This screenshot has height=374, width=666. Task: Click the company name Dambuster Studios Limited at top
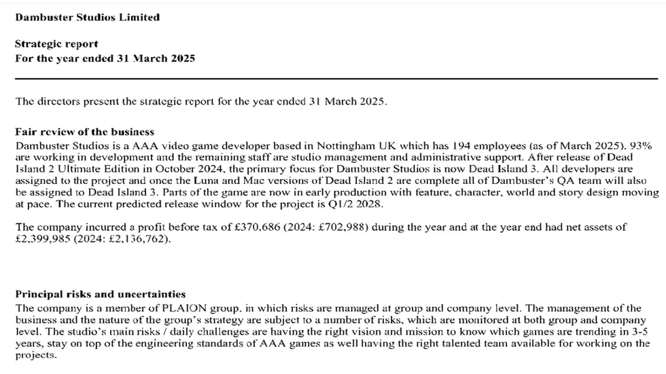pos(88,17)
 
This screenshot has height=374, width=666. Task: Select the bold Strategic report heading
pos(56,44)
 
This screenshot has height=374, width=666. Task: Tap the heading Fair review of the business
pos(84,132)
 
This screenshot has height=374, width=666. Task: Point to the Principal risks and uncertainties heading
pos(100,295)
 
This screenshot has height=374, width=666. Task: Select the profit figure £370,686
pos(249,227)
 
